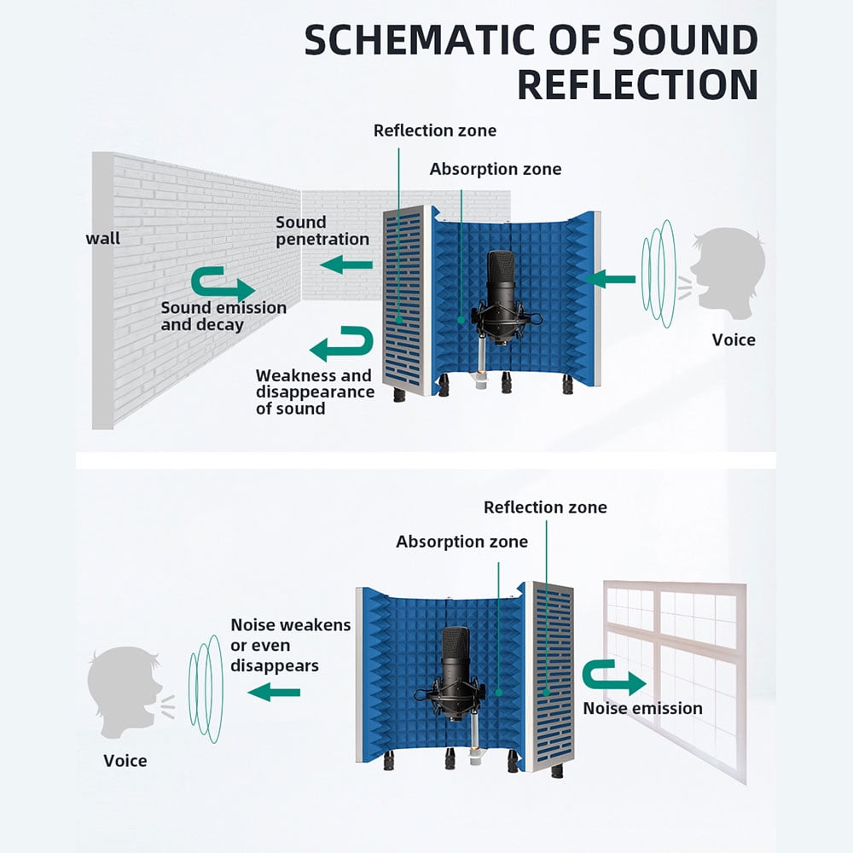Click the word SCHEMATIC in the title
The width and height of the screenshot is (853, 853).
415,40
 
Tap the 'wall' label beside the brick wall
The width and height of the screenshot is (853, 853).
103,238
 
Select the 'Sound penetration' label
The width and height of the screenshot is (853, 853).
322,230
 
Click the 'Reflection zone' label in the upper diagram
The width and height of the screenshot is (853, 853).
434,131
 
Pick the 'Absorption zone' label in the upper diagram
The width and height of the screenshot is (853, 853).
495,169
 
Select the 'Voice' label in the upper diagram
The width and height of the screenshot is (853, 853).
734,339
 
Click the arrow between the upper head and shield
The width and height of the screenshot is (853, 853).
612,278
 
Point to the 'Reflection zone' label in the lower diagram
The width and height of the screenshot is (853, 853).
545,507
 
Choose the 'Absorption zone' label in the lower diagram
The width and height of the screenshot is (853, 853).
461,542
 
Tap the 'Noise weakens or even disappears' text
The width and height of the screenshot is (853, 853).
290,645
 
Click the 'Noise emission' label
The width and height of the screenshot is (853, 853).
642,708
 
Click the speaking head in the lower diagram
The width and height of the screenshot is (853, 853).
125,692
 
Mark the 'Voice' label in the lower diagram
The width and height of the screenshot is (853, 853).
125,760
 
